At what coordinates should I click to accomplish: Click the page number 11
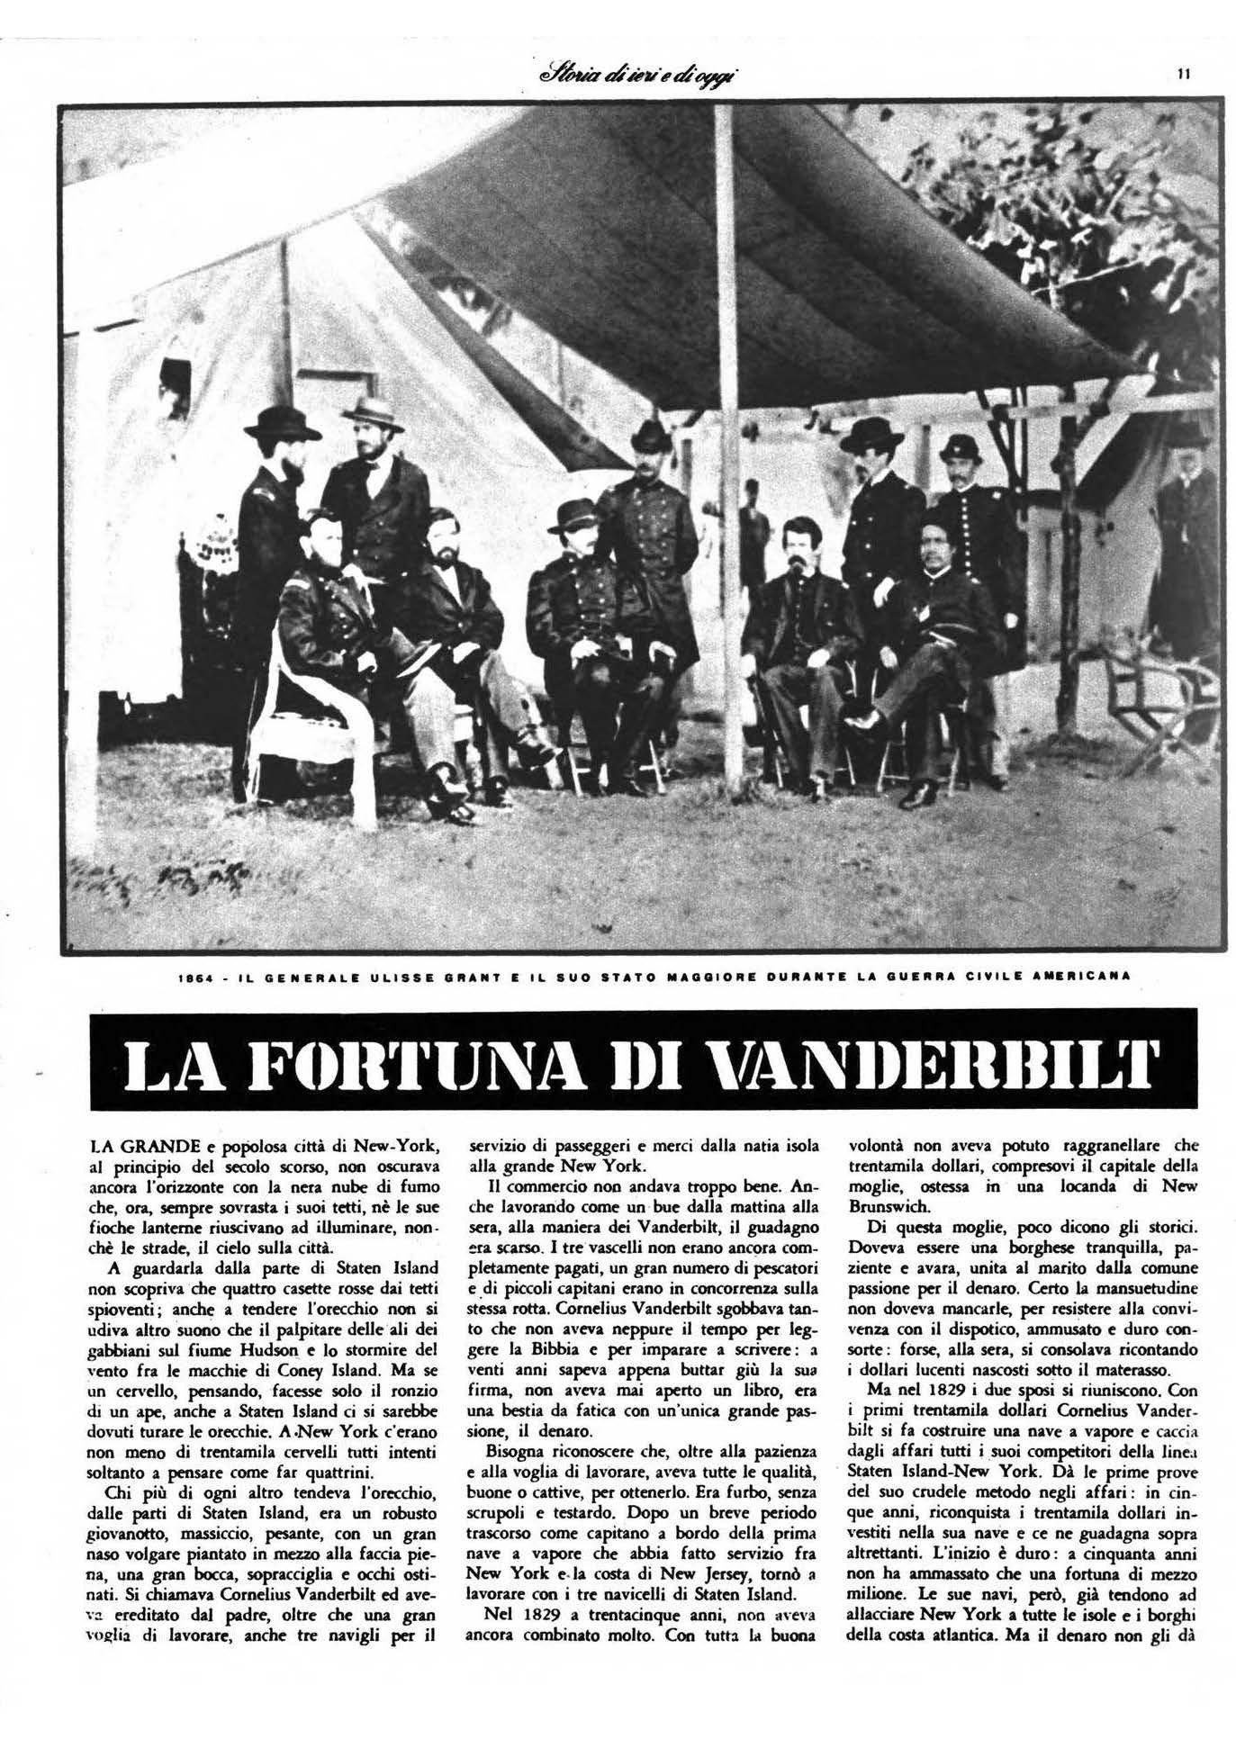[1184, 75]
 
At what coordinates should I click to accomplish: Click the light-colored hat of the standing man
[373, 413]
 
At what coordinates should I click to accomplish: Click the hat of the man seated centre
[577, 516]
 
